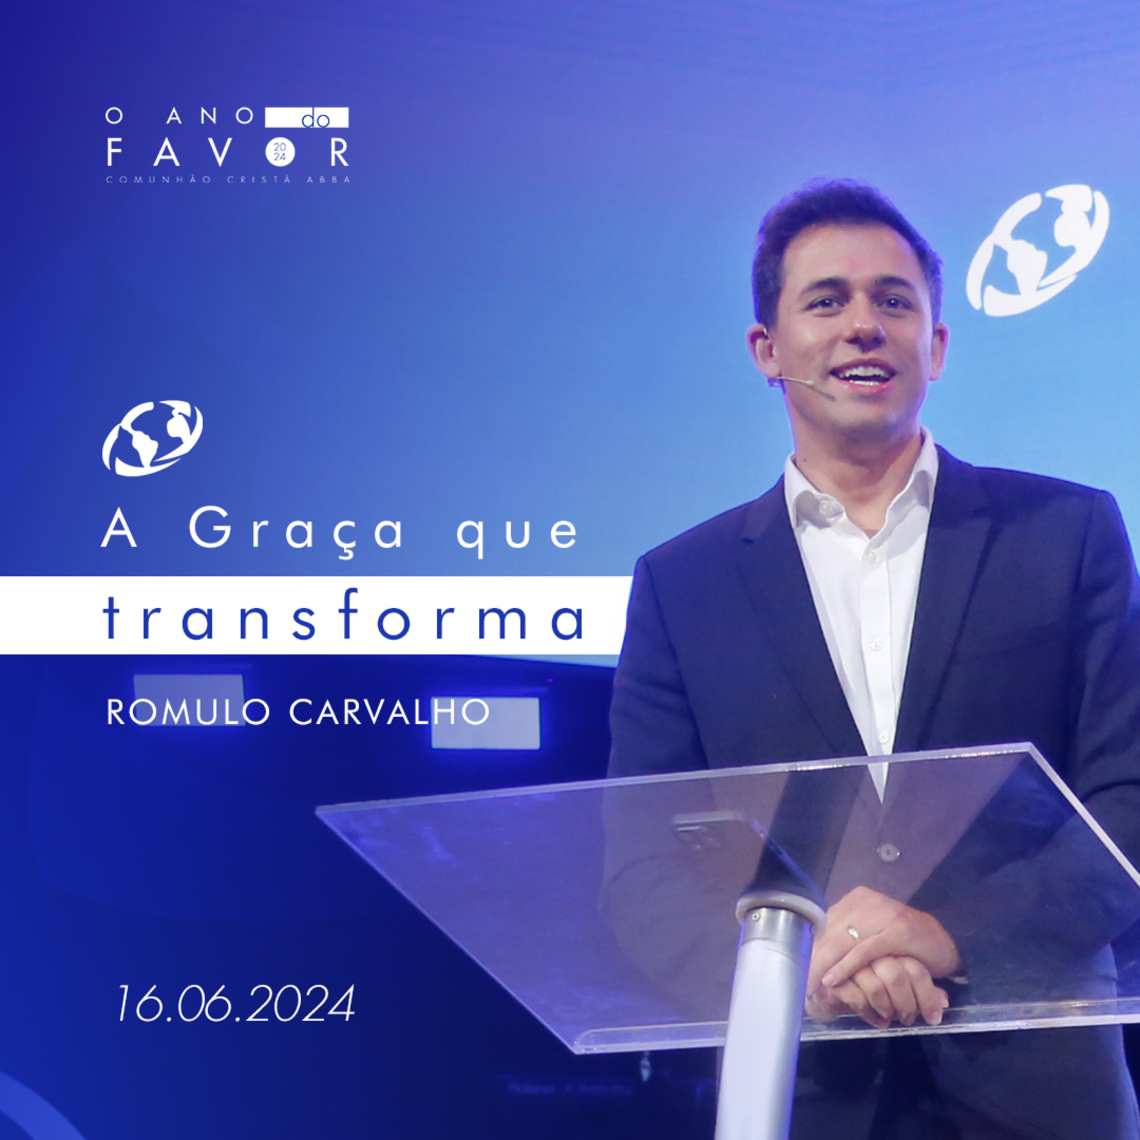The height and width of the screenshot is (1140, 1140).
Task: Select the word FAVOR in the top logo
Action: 228,153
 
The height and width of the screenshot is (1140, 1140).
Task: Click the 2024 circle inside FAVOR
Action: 279,152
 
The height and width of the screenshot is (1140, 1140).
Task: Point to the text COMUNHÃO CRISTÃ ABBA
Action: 228,179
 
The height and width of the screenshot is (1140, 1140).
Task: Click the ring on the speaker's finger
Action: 853,933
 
